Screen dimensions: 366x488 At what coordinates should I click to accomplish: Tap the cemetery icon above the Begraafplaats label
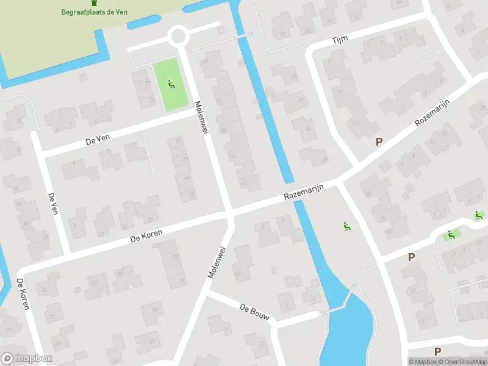click(x=93, y=3)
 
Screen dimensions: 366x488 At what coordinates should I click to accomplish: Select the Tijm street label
click(x=339, y=40)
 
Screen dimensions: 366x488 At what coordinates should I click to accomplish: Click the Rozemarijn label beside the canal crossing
click(x=303, y=195)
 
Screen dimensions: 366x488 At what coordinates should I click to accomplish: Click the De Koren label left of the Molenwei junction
click(x=145, y=236)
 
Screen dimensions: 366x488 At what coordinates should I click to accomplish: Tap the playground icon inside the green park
click(x=171, y=85)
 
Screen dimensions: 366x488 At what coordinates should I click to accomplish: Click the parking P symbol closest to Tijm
click(x=379, y=142)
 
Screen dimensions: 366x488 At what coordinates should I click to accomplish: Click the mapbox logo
click(x=27, y=359)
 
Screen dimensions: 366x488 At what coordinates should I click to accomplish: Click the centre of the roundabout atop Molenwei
click(x=179, y=35)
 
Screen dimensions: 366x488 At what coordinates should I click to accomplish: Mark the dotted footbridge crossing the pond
click(x=337, y=305)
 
